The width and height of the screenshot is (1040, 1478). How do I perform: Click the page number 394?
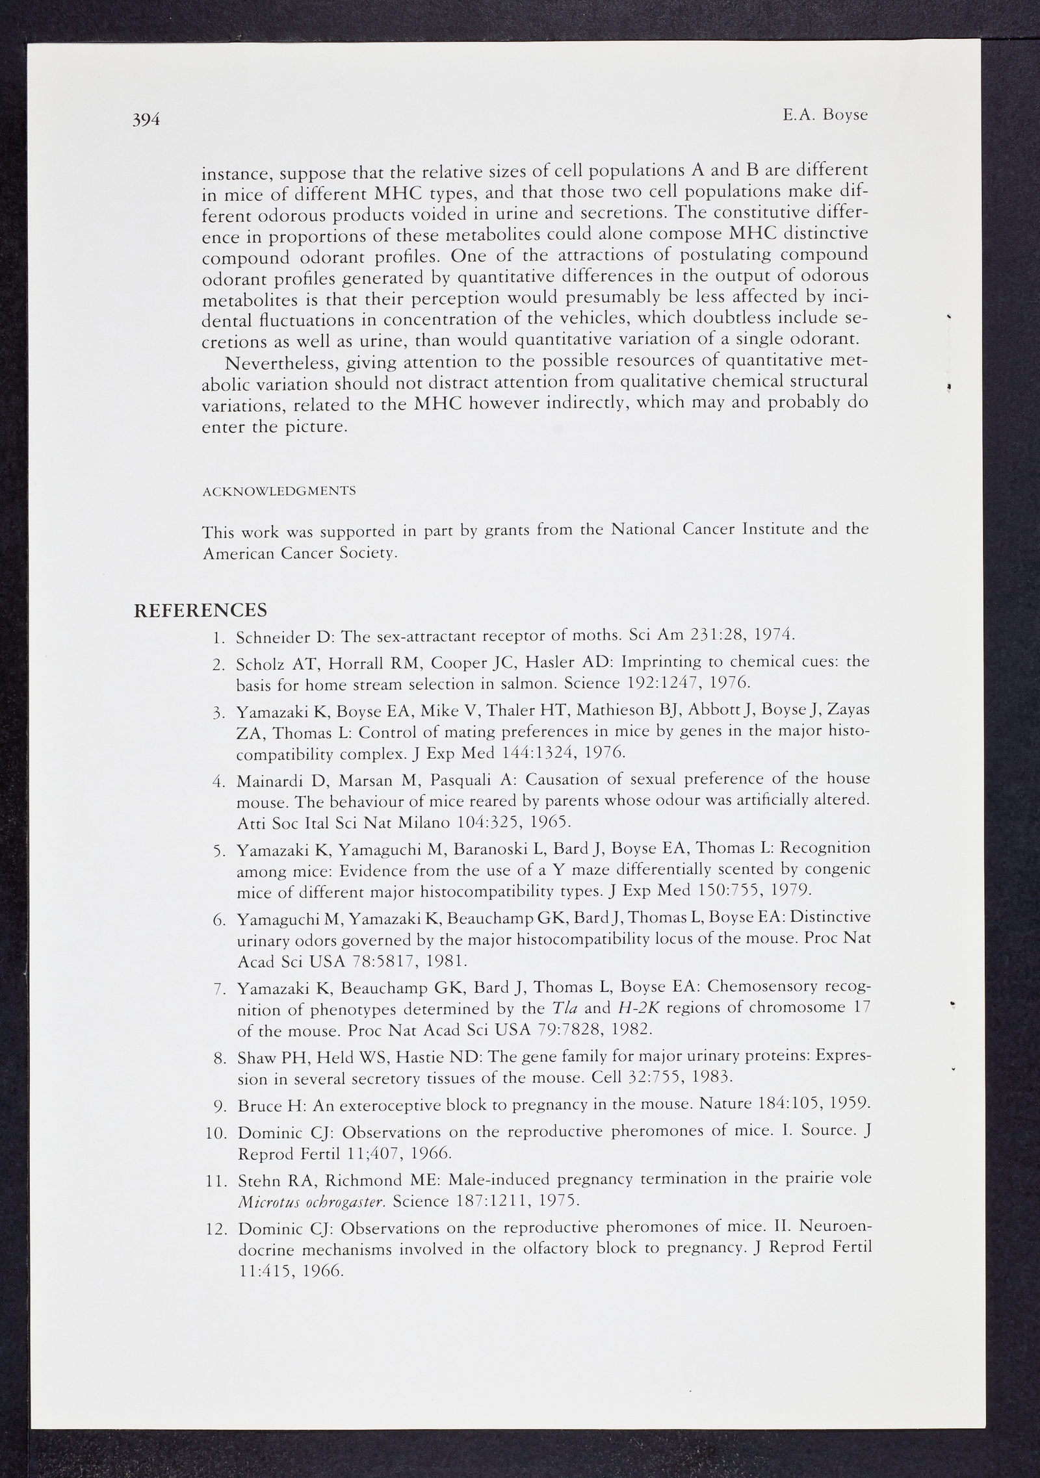click(x=146, y=120)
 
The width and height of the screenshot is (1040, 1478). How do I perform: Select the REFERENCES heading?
click(x=200, y=610)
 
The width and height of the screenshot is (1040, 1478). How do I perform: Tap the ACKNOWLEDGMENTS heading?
click(x=279, y=491)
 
